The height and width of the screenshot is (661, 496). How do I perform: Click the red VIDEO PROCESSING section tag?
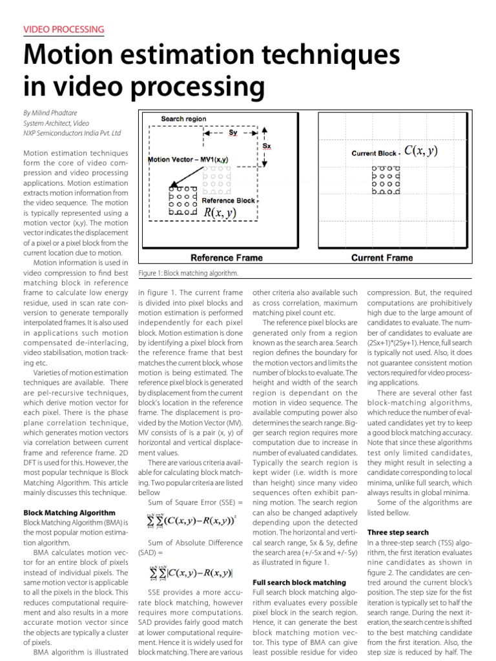(x=63, y=30)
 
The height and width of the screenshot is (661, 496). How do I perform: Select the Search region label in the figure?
(x=183, y=119)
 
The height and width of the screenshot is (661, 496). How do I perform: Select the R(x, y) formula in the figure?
(x=220, y=212)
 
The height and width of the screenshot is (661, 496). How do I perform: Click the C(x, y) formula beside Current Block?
(x=420, y=151)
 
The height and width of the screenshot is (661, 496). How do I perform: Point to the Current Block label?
(x=374, y=154)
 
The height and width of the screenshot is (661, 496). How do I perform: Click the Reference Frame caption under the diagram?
(x=217, y=258)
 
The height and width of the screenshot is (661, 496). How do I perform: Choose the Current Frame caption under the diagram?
(x=382, y=258)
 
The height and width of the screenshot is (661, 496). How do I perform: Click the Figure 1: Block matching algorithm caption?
(x=180, y=274)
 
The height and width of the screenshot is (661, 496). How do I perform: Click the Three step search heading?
(x=397, y=533)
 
